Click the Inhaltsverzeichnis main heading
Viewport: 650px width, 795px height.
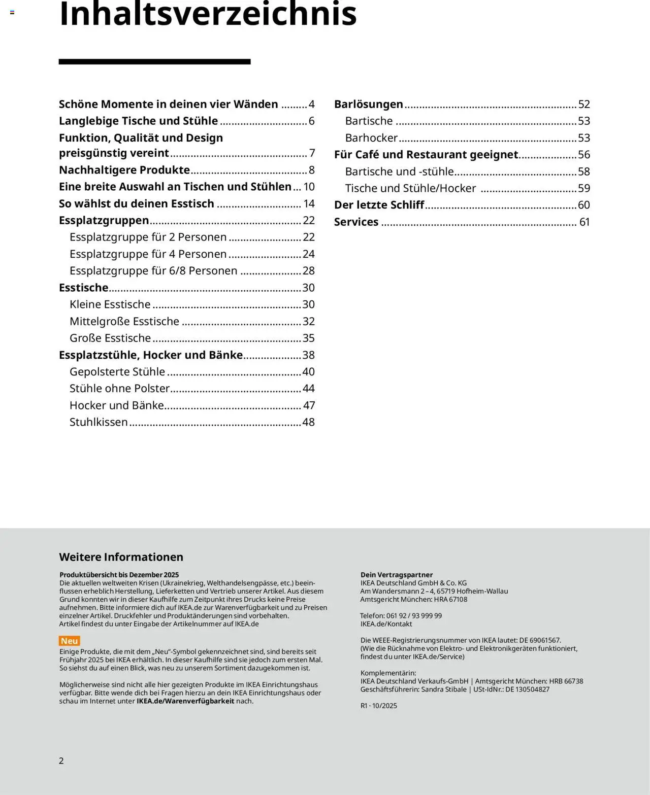(208, 14)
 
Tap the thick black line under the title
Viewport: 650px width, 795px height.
(154, 62)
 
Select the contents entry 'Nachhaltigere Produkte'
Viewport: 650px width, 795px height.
(124, 170)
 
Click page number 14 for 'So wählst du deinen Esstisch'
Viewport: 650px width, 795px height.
(309, 204)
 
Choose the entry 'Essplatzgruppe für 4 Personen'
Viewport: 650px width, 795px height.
(148, 254)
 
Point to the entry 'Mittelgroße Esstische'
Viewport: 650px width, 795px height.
(124, 322)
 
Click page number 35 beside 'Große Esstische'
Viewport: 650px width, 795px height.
(308, 338)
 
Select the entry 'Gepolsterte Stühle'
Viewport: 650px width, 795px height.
(117, 372)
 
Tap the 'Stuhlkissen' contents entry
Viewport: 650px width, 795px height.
(99, 422)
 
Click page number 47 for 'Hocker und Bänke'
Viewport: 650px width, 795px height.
(309, 405)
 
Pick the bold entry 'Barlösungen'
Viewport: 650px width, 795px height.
(368, 105)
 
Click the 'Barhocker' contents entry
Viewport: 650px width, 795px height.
(371, 138)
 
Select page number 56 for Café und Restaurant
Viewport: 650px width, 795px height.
(584, 155)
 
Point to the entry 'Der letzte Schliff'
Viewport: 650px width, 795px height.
(379, 205)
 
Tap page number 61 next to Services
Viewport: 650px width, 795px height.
(584, 222)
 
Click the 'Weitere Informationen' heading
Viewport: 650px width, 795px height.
(121, 557)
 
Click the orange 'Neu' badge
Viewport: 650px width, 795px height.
(70, 641)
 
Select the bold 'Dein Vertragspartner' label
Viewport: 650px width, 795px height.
(397, 575)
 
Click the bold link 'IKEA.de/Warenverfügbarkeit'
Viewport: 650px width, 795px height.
(185, 701)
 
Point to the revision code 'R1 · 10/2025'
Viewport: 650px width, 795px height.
(379, 706)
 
